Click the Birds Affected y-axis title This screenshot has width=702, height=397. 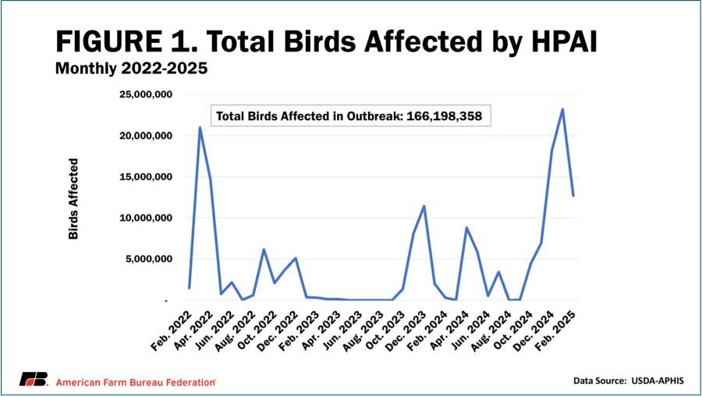coord(74,198)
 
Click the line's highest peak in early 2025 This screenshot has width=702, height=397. coord(562,109)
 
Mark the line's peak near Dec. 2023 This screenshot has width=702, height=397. coord(424,206)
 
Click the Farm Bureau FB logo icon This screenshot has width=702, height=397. coord(34,380)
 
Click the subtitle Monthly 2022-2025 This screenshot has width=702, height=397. coord(131,69)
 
